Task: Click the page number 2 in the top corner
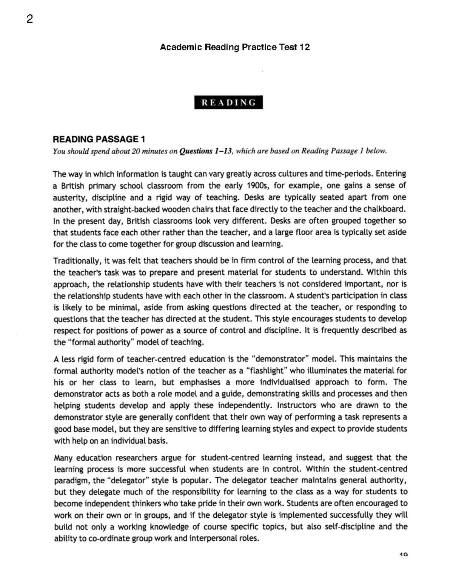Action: point(30,19)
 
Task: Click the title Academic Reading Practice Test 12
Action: point(235,47)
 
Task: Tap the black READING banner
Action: point(228,103)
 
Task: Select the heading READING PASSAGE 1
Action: point(99,139)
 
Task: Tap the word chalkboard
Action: point(385,209)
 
